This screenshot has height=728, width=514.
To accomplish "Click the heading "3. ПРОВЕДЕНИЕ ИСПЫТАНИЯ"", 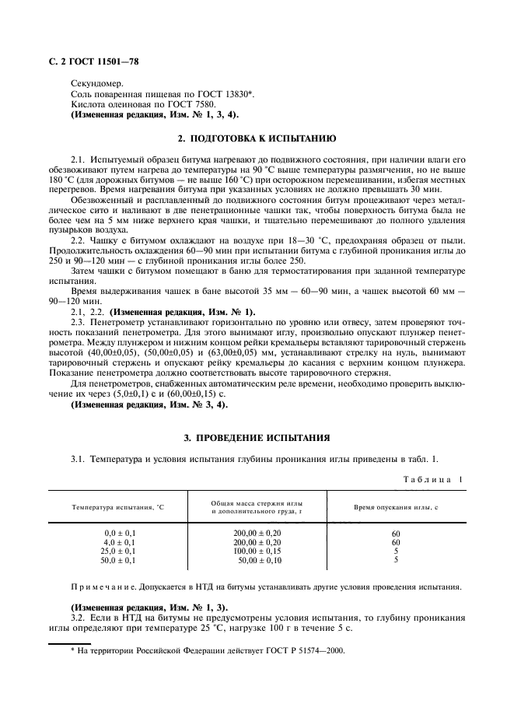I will [x=257, y=437].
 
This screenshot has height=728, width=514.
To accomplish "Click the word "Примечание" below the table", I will [x=105, y=587].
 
